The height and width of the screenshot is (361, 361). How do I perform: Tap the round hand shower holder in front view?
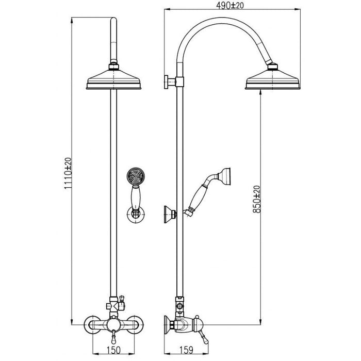[x=136, y=213]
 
